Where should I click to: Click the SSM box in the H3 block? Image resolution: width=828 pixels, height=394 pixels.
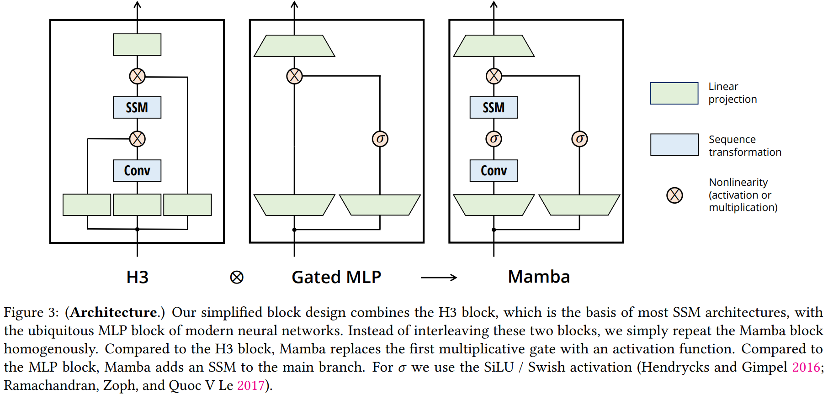coord(137,108)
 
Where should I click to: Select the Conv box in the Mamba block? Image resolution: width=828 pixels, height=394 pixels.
coord(494,171)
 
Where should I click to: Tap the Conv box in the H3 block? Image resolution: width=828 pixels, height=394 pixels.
coord(137,171)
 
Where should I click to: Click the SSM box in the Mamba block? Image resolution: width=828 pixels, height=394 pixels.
coord(494,108)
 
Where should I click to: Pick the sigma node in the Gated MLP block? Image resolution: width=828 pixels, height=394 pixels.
coord(380,139)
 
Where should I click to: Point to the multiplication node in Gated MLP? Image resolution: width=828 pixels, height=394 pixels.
coord(294,76)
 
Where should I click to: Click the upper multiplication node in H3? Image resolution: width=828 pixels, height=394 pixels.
coord(137,76)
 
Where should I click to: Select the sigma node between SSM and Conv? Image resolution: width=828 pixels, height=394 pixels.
coord(494,139)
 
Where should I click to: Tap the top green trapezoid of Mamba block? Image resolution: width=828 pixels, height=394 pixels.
coord(494,46)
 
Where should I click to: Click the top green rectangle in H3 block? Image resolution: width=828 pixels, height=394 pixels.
coord(137,45)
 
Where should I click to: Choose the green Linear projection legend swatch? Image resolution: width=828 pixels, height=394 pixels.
coord(674,94)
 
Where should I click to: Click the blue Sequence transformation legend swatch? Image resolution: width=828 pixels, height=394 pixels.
coord(674,145)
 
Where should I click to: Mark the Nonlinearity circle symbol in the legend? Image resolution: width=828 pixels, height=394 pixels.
coord(674,195)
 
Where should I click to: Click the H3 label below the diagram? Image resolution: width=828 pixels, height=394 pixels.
coord(137,277)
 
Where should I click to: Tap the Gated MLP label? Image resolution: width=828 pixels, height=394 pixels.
coord(336,277)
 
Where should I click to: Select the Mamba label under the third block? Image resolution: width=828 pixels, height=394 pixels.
coord(539,277)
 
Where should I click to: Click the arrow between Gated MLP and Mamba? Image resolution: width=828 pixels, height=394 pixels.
coord(439,278)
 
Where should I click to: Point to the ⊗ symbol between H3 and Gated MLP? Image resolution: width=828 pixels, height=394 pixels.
coord(237,278)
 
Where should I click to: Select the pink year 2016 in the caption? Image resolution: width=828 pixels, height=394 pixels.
coord(806,367)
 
